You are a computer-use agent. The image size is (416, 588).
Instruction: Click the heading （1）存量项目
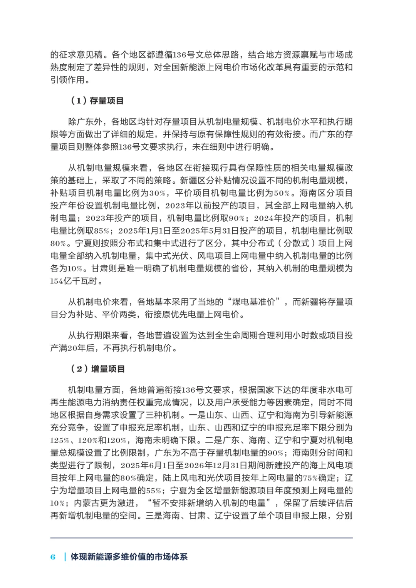(97, 101)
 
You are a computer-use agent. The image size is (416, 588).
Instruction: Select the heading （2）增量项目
(98, 369)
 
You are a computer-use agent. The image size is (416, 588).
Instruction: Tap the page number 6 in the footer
(53, 557)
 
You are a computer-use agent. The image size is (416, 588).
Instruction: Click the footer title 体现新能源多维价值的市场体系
(129, 557)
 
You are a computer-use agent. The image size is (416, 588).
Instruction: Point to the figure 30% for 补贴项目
(157, 193)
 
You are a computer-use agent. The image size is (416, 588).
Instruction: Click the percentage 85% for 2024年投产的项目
(101, 231)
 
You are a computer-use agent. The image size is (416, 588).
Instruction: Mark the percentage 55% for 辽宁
(154, 491)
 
